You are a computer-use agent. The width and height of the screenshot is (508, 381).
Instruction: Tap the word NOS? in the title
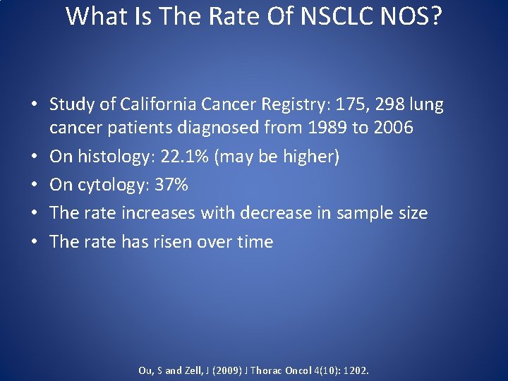coord(409,16)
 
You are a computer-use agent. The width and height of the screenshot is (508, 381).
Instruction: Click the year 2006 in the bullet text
coord(395,128)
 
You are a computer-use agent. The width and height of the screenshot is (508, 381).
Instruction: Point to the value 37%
coord(170,185)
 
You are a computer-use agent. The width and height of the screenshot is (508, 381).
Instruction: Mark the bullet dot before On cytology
coord(34,186)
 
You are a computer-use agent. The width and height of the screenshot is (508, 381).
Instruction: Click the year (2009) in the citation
coord(226,370)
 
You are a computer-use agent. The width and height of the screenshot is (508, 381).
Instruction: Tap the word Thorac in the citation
coord(266,370)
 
